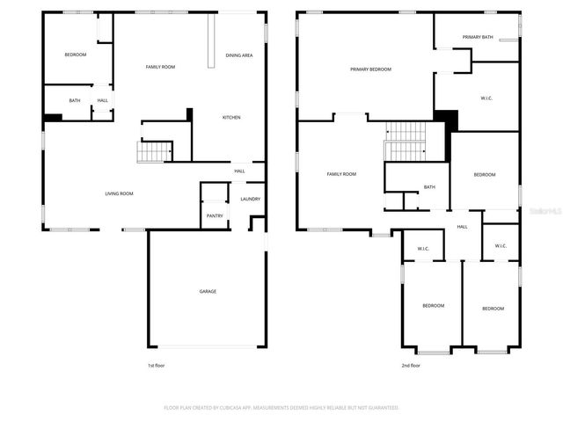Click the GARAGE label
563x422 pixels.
[208, 291]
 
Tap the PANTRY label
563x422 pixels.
[215, 215]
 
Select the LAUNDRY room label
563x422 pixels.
[250, 199]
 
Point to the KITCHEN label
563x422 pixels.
[231, 117]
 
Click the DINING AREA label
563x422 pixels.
[239, 55]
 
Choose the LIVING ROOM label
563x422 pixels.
[120, 193]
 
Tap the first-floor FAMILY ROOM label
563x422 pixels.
[160, 67]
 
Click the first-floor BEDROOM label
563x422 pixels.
[76, 55]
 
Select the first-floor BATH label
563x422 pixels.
[75, 100]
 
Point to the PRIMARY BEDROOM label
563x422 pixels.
[370, 69]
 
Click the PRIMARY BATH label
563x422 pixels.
[478, 37]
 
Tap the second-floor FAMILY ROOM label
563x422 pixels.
[341, 174]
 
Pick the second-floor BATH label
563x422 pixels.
[429, 186]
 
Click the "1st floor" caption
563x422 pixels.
[155, 365]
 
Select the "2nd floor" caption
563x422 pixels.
[410, 365]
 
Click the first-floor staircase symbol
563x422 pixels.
[152, 152]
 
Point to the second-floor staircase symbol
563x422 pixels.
[406, 141]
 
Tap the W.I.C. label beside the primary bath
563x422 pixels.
[486, 98]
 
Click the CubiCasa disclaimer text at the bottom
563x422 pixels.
[281, 407]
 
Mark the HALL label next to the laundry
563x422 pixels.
[239, 171]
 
